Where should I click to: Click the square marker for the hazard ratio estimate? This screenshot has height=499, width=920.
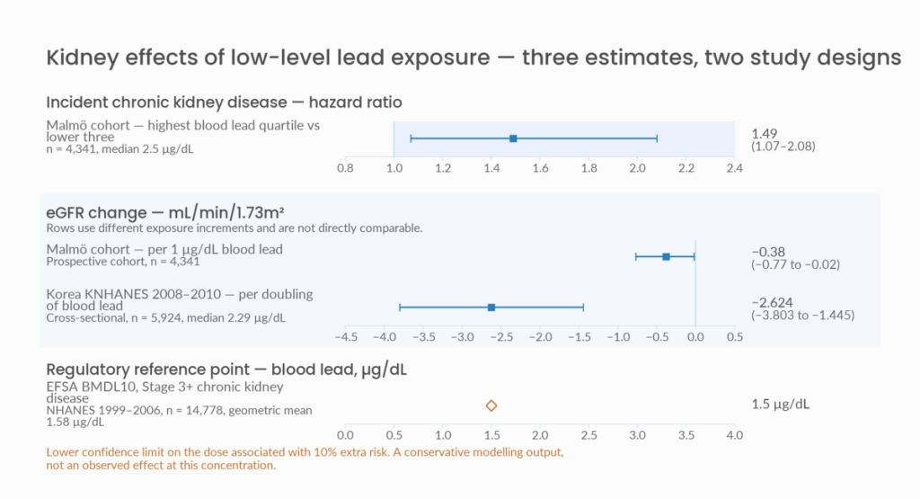[513, 138]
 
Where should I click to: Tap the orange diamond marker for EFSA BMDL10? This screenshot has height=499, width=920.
[491, 405]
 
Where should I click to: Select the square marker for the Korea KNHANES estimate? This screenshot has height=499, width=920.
[491, 307]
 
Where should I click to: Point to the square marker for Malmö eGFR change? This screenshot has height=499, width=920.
[666, 256]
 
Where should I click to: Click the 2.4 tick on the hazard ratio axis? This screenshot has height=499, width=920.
[735, 168]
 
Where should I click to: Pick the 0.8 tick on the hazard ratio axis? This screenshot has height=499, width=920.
[346, 168]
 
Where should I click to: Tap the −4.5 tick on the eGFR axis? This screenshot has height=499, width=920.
[346, 337]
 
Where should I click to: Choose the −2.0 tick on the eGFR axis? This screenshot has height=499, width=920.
[540, 337]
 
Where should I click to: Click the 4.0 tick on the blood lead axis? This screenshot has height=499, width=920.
[735, 435]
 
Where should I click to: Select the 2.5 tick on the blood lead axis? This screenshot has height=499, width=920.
[589, 435]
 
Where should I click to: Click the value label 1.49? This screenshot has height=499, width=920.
[765, 134]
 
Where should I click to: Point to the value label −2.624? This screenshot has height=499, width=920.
[772, 303]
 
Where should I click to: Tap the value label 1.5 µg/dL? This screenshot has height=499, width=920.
[781, 405]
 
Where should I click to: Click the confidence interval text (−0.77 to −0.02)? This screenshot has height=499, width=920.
[796, 264]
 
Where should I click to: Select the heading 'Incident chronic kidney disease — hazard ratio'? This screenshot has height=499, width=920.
[224, 102]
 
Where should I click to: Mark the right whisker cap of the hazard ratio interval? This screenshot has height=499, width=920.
[657, 138]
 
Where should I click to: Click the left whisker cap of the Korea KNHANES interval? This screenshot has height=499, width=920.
[400, 307]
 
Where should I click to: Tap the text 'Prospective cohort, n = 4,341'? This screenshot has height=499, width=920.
[123, 262]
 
